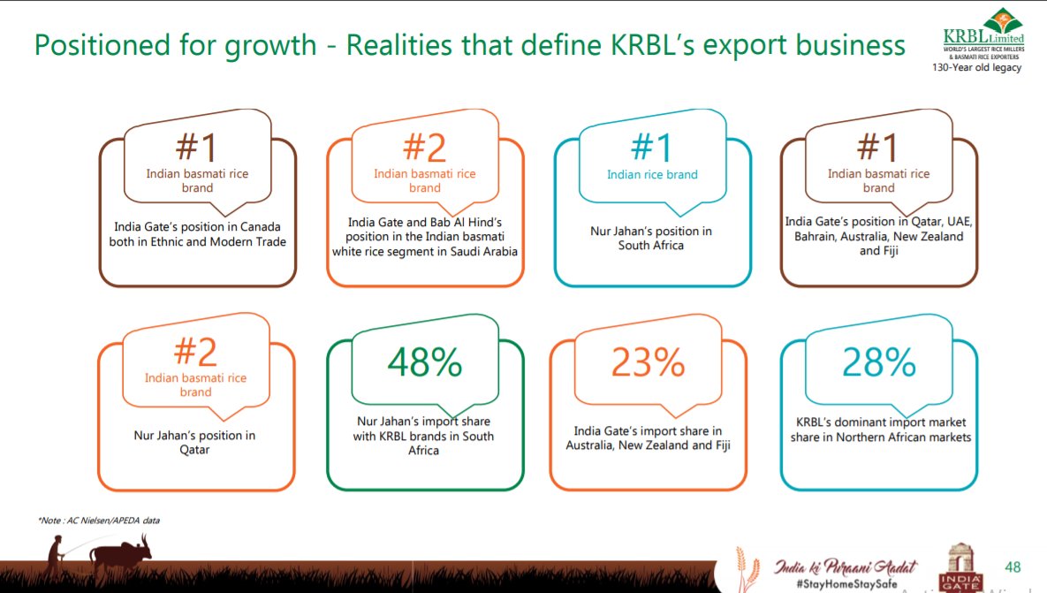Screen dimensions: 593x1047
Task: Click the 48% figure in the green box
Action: tap(425, 361)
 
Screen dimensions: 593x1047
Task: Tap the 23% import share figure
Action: tap(649, 361)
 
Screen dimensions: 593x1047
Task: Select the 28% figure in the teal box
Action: tap(878, 361)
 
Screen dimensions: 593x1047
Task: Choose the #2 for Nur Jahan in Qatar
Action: tap(195, 352)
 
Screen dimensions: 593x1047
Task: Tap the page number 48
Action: tap(1013, 566)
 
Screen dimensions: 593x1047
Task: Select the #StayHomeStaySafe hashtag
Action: tap(835, 584)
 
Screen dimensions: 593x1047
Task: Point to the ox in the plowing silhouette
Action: tap(119, 556)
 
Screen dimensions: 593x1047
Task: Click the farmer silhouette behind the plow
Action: tap(57, 556)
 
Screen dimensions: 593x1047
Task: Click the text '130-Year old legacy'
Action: tap(983, 68)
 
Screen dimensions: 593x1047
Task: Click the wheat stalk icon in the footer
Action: tap(746, 566)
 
